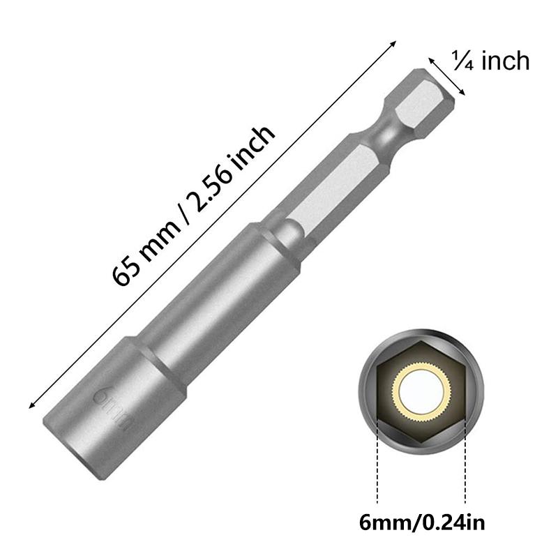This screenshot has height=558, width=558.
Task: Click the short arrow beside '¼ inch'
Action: click(x=447, y=75)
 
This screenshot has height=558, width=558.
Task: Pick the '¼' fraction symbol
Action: click(x=460, y=62)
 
